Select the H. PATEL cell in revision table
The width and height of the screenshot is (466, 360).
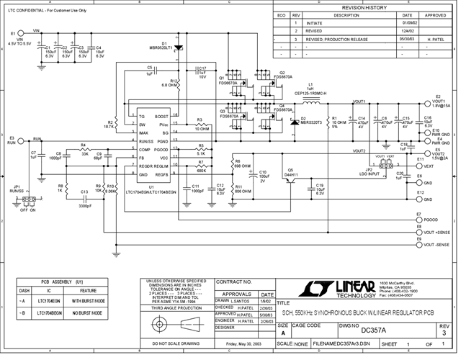pos(437,39)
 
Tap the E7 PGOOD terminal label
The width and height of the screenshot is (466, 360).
pos(431,219)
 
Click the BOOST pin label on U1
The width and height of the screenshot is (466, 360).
pos(162,116)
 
